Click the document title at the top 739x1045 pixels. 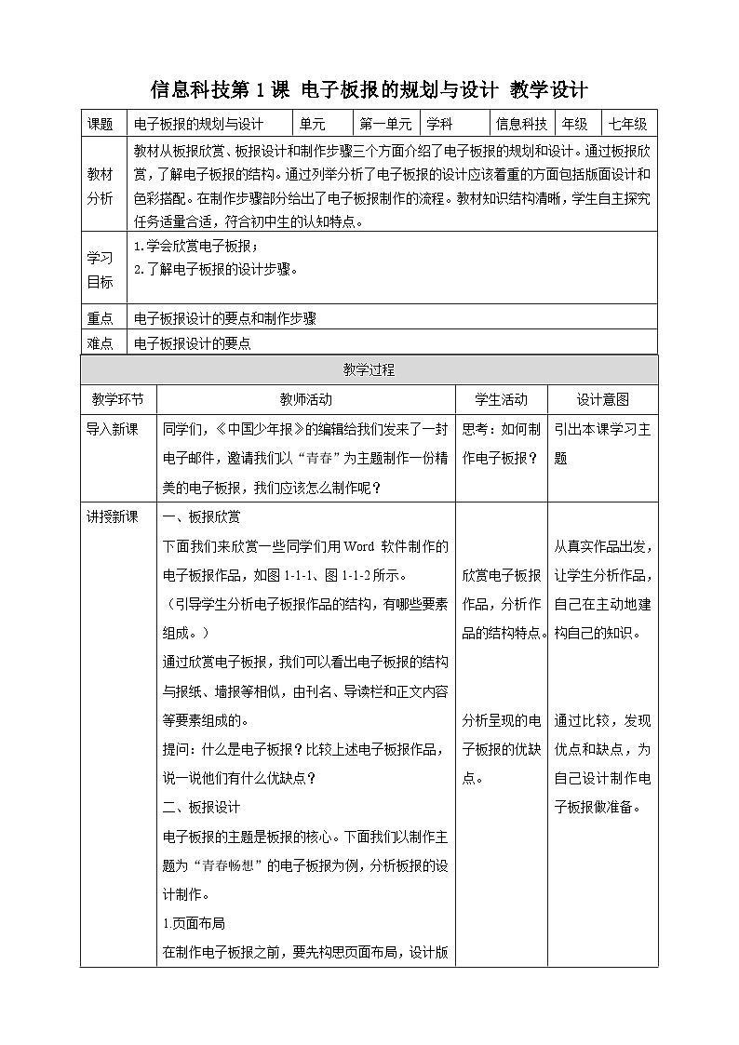369,89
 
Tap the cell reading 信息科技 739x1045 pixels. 521,124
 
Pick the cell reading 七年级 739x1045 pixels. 628,124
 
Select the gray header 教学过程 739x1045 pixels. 369,369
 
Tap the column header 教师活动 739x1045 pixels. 305,399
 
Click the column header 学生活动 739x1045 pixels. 501,399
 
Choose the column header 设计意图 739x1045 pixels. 602,399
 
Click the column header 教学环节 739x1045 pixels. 117,399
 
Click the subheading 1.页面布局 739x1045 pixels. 193,923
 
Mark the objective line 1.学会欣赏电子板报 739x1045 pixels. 195,247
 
